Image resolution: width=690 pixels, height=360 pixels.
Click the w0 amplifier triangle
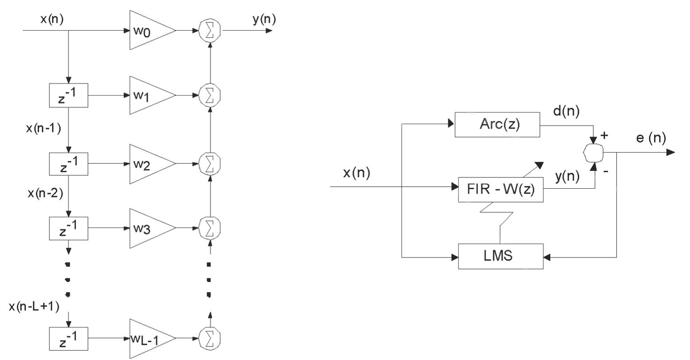(x=149, y=31)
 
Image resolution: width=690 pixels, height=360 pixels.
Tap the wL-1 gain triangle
(x=149, y=339)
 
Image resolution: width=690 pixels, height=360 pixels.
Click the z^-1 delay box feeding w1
(x=68, y=95)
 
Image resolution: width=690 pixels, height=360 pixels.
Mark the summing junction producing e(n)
(x=594, y=153)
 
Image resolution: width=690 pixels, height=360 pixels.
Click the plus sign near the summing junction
(x=604, y=135)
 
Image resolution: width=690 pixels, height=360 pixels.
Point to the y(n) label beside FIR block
(x=567, y=177)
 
